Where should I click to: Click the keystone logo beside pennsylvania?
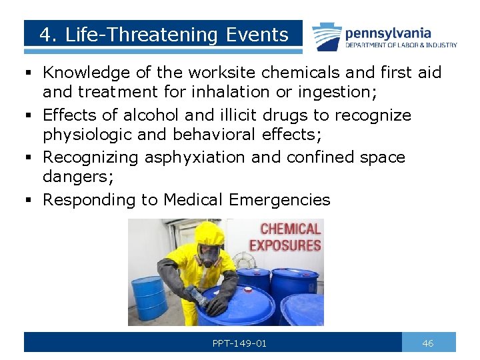(x=327, y=37)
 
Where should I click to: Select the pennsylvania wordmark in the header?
(x=388, y=33)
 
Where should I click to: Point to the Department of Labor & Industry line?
(x=401, y=45)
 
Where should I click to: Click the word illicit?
(x=221, y=115)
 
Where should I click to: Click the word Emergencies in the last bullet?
(x=279, y=200)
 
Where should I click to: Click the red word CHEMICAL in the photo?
(x=291, y=230)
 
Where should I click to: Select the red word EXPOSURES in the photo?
(x=285, y=245)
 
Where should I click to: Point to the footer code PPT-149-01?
(x=239, y=343)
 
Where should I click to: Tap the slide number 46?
(x=428, y=343)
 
